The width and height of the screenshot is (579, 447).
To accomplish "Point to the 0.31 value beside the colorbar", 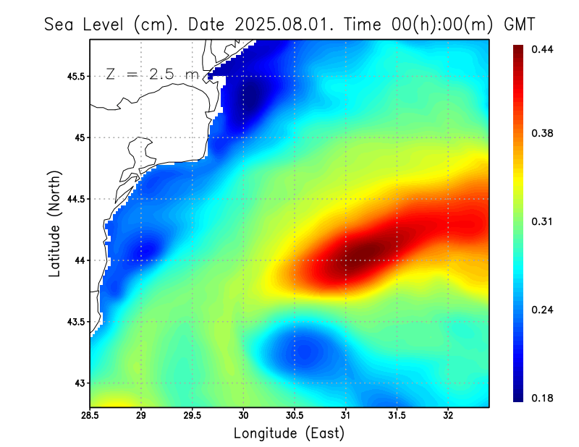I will click(542, 221).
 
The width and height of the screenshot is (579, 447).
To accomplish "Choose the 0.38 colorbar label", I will click(542, 133).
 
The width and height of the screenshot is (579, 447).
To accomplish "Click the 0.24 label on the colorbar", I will click(542, 310).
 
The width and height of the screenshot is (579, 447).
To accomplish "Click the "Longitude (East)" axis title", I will click(289, 433).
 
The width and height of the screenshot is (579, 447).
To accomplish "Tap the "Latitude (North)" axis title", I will click(55, 223).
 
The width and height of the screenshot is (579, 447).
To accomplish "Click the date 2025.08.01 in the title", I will click(285, 24).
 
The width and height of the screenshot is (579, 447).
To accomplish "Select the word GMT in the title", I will click(518, 24).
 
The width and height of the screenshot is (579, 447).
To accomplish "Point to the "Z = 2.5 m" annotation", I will click(152, 74).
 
